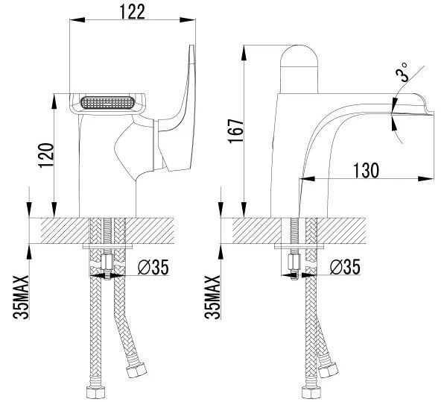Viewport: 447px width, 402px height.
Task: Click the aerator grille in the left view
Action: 107,103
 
